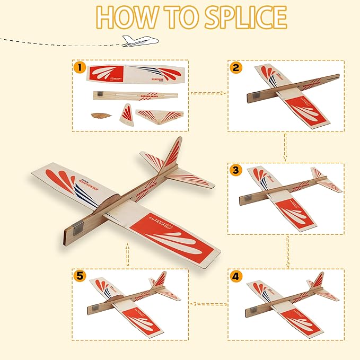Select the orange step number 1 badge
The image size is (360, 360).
(80, 67)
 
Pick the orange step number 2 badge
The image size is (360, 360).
(236, 67)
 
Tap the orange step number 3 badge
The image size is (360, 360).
(236, 171)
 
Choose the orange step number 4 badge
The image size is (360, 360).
(236, 276)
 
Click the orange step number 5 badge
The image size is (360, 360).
(80, 276)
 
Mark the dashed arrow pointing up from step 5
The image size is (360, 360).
(127, 255)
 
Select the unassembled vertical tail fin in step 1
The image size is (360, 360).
(127, 113)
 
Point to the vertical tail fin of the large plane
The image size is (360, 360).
(173, 153)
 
